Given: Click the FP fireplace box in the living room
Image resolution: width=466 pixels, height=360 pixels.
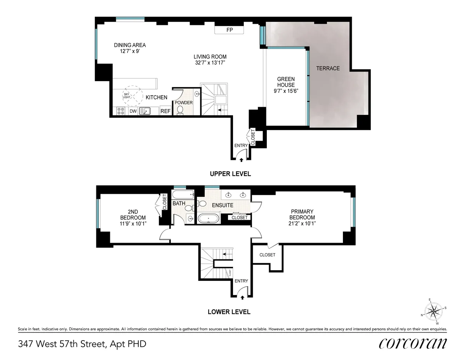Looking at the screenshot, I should pos(229,30).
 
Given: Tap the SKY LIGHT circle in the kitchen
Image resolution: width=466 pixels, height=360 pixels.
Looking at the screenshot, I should pos(130,96).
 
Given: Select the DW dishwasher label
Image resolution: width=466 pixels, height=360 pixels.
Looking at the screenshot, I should pos(133,111).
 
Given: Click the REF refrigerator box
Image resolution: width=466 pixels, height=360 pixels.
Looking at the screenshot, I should pos(165,111).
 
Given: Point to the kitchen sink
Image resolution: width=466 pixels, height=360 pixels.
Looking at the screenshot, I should pos(145,111).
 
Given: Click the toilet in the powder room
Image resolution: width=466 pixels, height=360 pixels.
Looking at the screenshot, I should pos(180,110).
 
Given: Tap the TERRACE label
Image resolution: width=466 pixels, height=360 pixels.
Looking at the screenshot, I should pos(328,68).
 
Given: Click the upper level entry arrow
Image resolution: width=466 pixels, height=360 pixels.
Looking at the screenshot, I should pos(241,159).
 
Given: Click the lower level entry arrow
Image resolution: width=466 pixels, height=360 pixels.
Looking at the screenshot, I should pos(242,297).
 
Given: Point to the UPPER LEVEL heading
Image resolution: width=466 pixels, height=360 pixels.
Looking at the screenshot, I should pos(230,174).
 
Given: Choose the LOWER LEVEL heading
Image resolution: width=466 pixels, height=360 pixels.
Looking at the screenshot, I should pos(229,312).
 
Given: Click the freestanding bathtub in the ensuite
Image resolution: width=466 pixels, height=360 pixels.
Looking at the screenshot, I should pos(209,218).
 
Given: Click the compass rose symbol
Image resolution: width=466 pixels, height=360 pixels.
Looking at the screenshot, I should pos(434,311).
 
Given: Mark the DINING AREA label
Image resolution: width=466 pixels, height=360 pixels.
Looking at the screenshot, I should pos(130,45).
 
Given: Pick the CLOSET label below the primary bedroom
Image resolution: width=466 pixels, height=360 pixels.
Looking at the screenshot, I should pos(267,255).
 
